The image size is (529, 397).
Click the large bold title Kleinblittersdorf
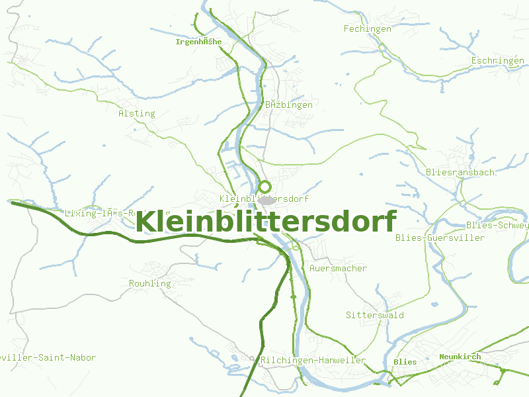(x=266, y=222)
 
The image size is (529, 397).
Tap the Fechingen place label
(x=368, y=28)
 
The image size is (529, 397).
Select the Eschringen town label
(x=497, y=61)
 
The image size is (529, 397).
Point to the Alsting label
(x=136, y=113)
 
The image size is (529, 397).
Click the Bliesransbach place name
(x=460, y=172)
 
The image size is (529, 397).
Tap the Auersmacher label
(x=338, y=268)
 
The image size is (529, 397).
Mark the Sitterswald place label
(x=374, y=315)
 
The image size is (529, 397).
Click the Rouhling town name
(x=149, y=283)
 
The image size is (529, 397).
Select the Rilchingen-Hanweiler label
(x=313, y=360)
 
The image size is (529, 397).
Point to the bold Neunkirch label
(x=460, y=357)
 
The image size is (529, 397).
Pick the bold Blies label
(x=405, y=362)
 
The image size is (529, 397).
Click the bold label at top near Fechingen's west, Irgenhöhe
(x=198, y=42)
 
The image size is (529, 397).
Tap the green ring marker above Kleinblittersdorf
(x=264, y=187)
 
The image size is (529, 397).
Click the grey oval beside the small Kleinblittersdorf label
(x=266, y=199)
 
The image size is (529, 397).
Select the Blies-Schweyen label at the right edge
(x=497, y=225)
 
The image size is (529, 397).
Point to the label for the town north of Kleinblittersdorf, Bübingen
(x=288, y=105)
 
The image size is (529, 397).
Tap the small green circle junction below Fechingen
(x=382, y=47)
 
